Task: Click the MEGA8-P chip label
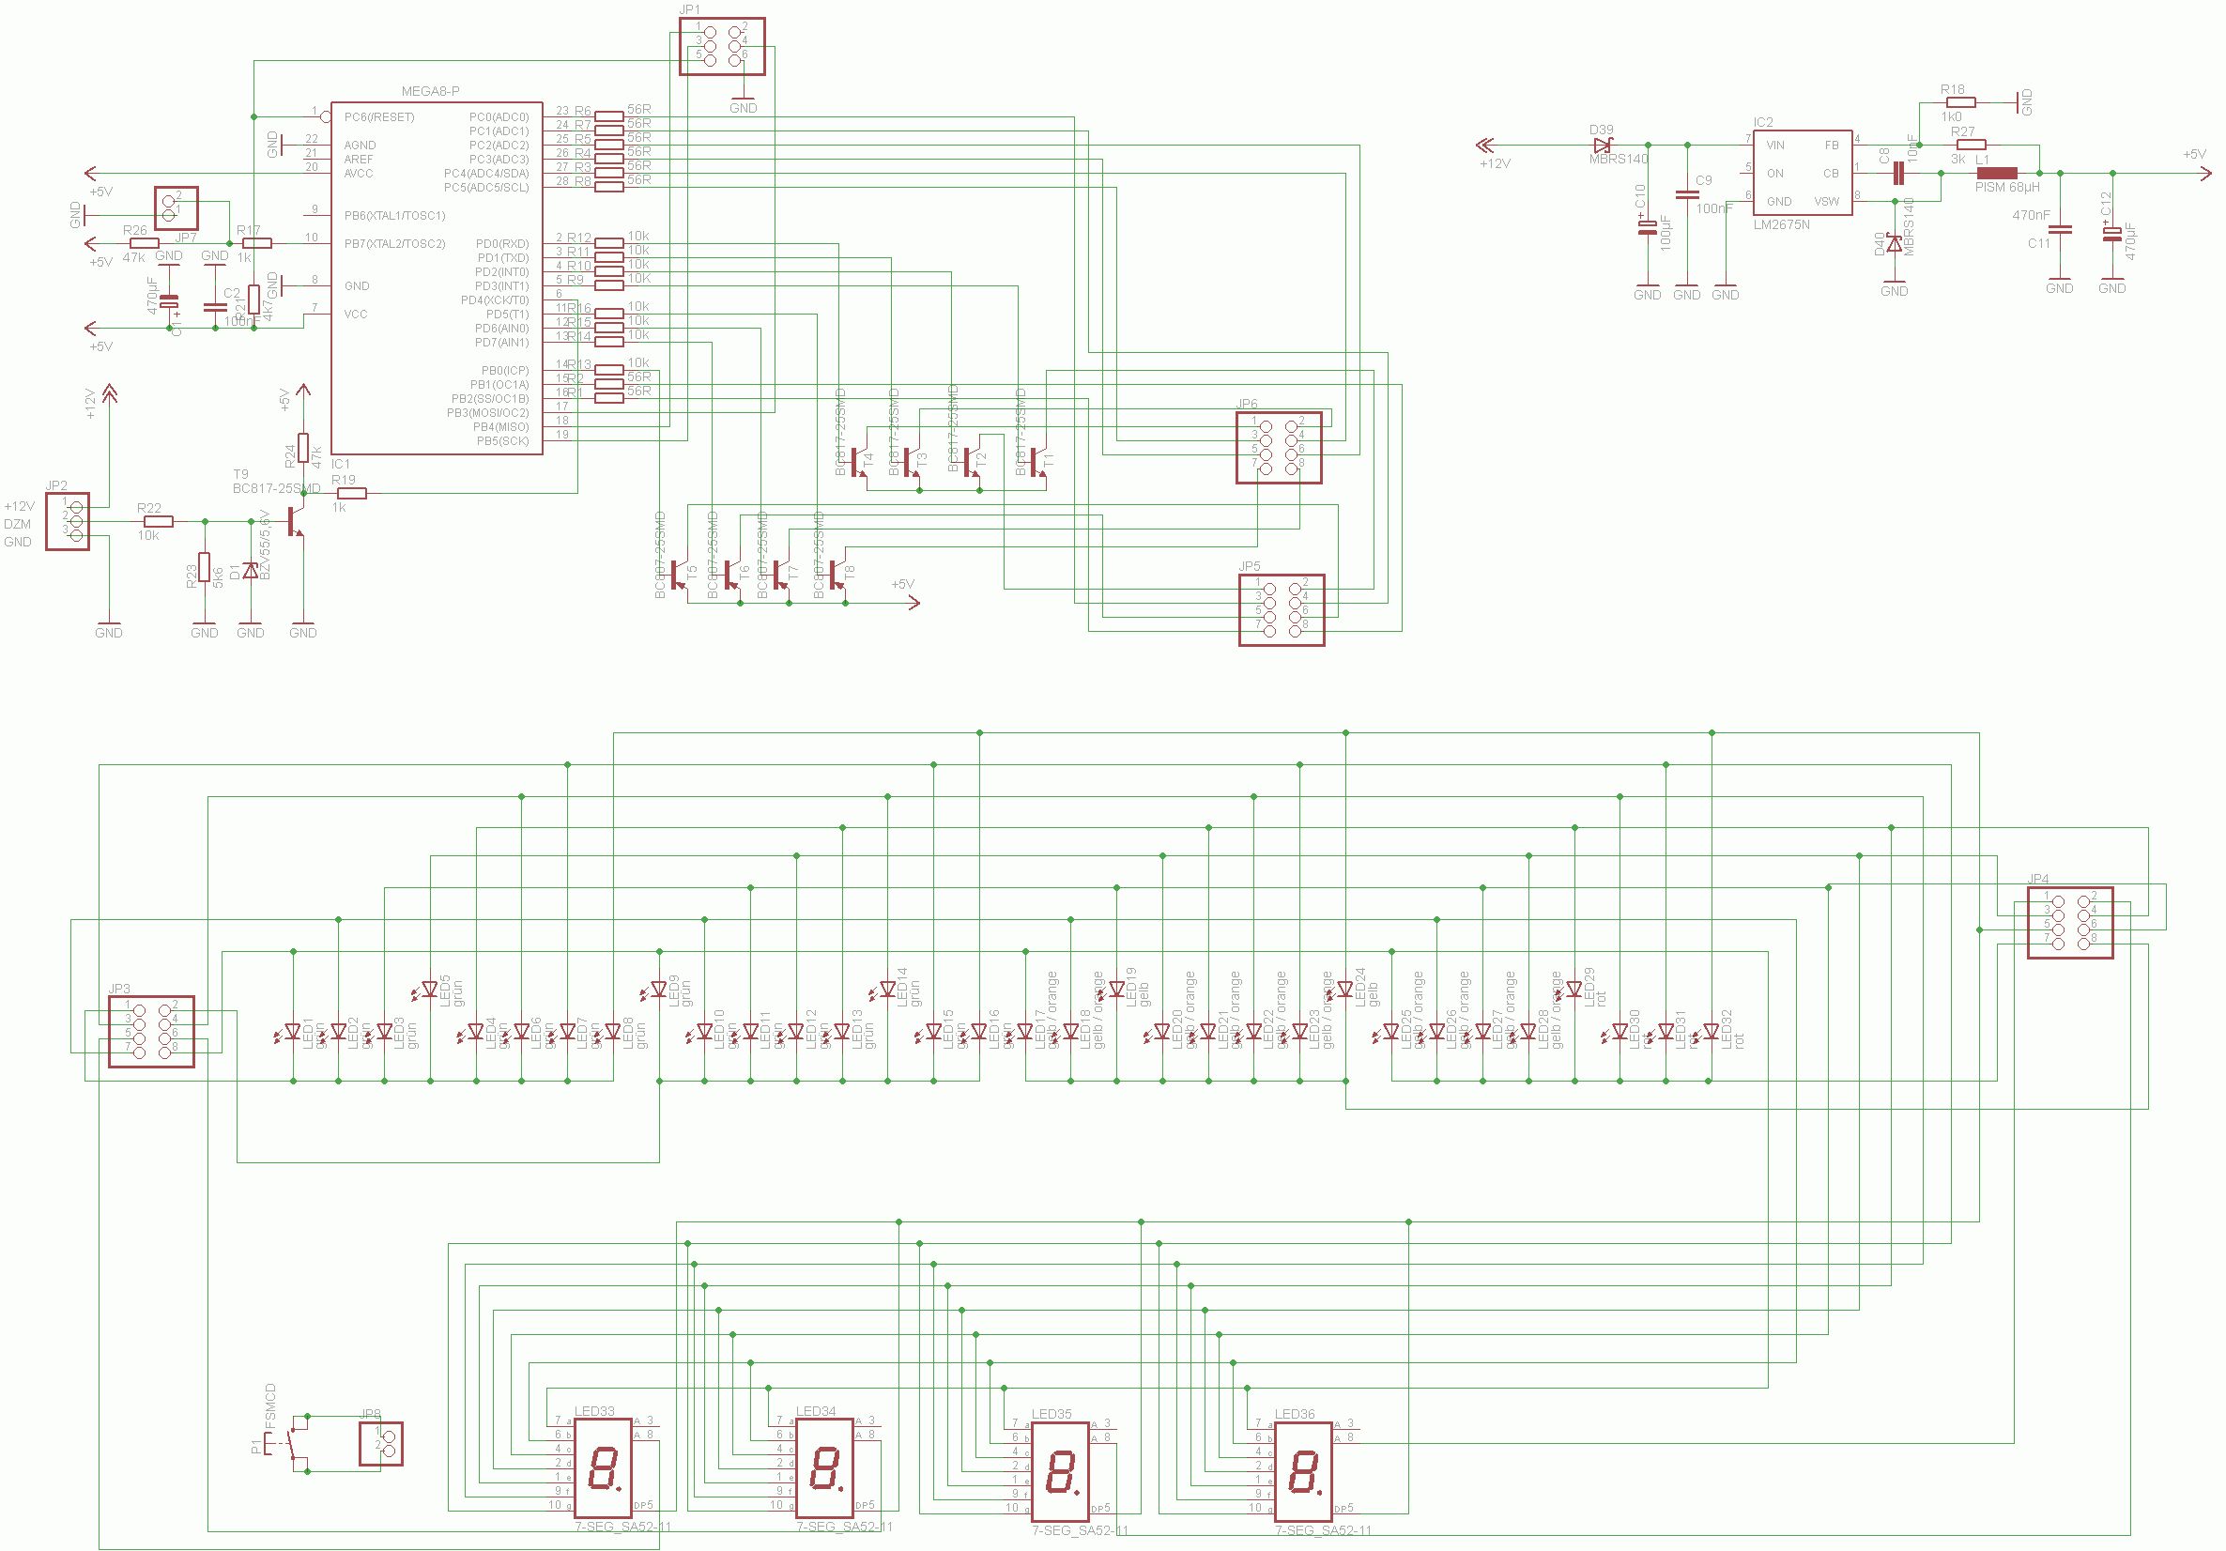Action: point(431,91)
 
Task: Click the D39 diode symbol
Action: point(1602,145)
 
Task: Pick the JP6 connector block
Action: point(1279,447)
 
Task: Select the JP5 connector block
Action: point(1281,609)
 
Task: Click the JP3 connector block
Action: point(151,1032)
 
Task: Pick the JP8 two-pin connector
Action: point(381,1443)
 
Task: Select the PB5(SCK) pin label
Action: point(502,441)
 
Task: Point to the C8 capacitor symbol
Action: point(1899,174)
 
